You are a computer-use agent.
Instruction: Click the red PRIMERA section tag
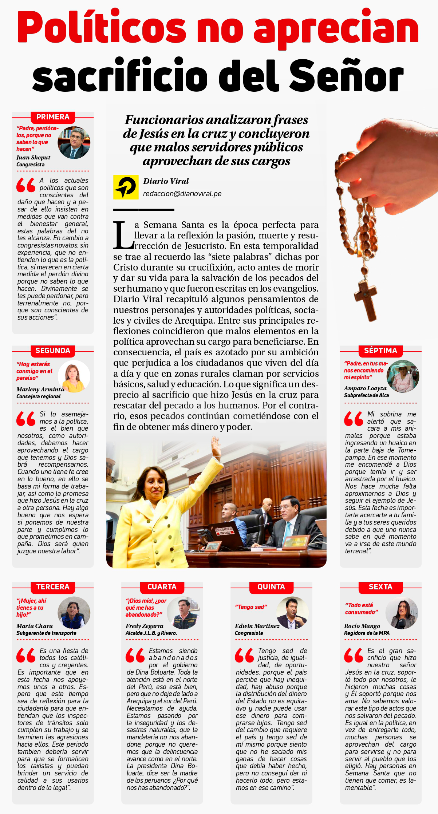[53, 117]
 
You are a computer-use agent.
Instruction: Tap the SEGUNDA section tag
[53, 351]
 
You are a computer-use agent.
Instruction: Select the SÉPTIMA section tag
[380, 351]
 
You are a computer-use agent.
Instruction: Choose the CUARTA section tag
[162, 587]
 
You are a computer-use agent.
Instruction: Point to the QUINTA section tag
[271, 587]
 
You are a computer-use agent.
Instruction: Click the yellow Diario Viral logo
[126, 187]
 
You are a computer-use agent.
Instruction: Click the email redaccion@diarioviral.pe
[182, 194]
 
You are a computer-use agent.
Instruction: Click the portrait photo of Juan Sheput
[74, 142]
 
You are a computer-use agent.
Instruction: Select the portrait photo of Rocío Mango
[402, 613]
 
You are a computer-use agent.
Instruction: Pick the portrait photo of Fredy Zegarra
[183, 613]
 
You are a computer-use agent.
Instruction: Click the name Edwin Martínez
[257, 626]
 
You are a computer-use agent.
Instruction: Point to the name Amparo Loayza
[365, 388]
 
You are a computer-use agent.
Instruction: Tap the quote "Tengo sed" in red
[251, 607]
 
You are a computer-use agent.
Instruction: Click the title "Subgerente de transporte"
[46, 633]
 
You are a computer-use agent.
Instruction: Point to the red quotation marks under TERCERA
[26, 655]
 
